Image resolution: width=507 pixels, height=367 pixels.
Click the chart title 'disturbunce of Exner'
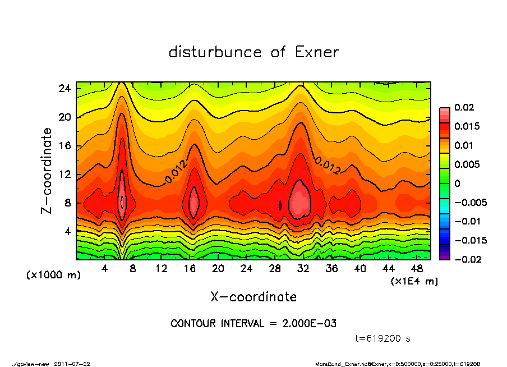(253, 52)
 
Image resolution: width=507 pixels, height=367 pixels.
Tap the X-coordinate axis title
(253, 296)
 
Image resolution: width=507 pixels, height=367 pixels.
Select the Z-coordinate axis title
(47, 171)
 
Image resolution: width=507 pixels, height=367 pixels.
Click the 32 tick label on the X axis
(303, 269)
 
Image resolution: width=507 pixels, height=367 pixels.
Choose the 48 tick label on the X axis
(417, 269)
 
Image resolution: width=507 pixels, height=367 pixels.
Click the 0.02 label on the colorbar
(464, 107)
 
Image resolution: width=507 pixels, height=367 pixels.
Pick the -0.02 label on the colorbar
(466, 259)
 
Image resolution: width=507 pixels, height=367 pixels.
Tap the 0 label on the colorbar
(457, 183)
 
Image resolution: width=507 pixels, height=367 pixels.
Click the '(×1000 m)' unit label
(49, 276)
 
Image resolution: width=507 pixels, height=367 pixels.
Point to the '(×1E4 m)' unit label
(414, 281)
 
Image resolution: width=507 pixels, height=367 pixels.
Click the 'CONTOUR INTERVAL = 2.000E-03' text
(253, 324)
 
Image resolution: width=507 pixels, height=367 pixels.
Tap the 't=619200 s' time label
(383, 339)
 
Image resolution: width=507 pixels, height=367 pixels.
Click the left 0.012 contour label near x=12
(176, 173)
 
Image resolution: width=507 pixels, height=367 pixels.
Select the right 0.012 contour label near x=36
(328, 165)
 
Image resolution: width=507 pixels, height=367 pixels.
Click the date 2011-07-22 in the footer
(72, 364)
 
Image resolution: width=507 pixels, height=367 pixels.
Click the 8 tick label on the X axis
(133, 269)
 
